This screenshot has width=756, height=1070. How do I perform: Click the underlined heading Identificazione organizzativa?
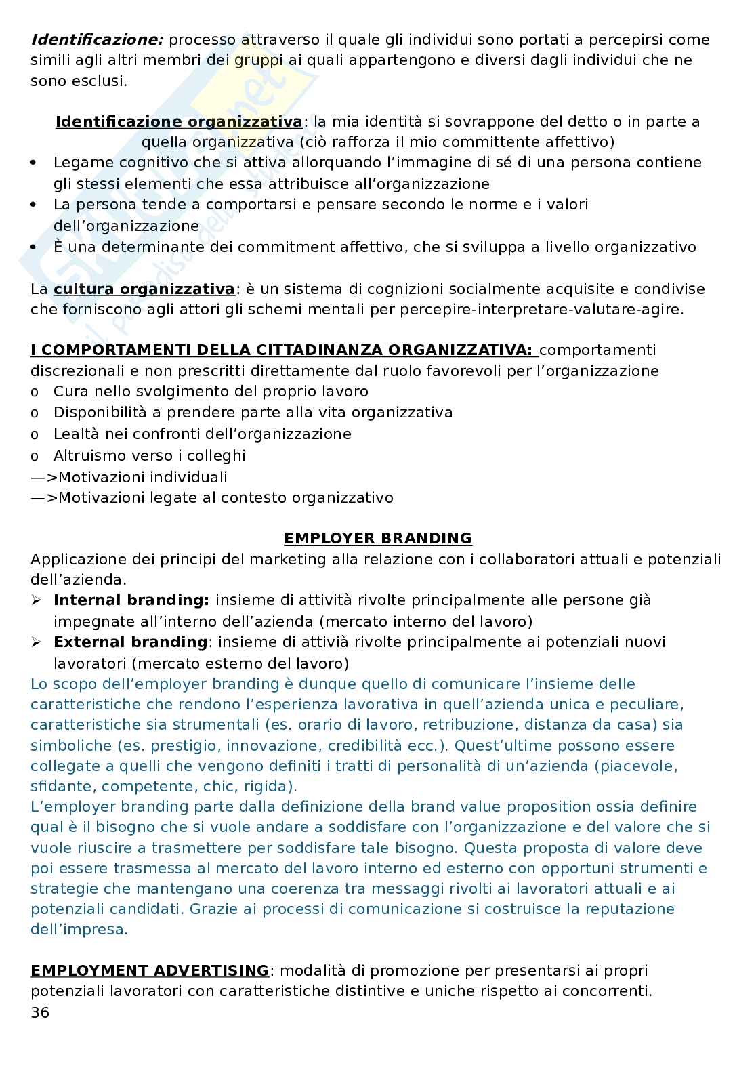point(179,122)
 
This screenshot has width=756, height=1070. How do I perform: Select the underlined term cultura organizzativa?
point(144,289)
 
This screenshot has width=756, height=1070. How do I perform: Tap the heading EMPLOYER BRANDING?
point(377,539)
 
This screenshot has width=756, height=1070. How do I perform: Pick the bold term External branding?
point(130,642)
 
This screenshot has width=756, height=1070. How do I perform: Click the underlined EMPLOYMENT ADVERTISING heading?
point(150,971)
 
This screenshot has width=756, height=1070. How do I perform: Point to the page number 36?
point(40,1013)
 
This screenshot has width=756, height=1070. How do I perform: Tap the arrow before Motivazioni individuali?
point(43,478)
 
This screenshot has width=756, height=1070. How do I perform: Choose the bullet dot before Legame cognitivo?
point(35,163)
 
